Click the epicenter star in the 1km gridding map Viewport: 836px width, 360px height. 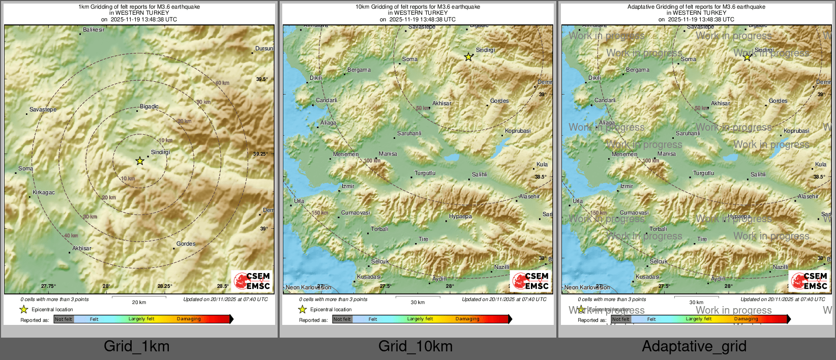[x=140, y=161]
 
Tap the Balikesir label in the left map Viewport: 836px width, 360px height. [x=94, y=30]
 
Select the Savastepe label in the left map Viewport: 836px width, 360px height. [x=43, y=110]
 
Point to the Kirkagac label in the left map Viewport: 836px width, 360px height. [x=43, y=193]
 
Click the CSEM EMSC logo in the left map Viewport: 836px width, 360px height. [x=252, y=281]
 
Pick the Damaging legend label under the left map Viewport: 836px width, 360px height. [x=189, y=319]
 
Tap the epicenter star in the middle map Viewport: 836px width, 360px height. [x=468, y=57]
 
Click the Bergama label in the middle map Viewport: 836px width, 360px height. [x=359, y=70]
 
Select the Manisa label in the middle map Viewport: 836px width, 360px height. [x=388, y=154]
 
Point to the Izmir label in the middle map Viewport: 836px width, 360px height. [x=348, y=187]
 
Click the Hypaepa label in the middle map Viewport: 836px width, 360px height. [x=460, y=217]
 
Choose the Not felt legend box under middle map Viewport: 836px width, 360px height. [x=342, y=319]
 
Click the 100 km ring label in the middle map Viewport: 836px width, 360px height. [x=372, y=161]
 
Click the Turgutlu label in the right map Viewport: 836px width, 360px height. [x=704, y=173]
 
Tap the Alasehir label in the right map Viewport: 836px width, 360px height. [x=808, y=197]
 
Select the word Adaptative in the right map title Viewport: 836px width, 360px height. [x=643, y=7]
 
